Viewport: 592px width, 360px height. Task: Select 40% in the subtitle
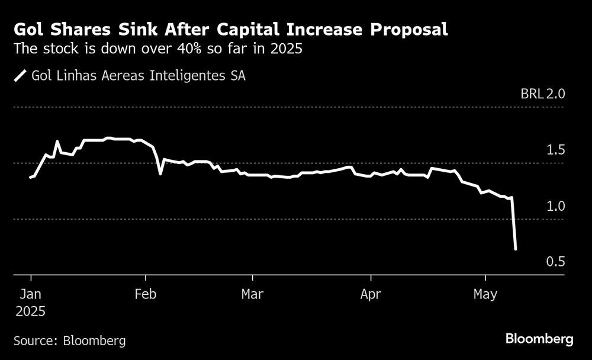click(191, 49)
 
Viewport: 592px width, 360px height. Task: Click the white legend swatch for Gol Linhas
click(21, 76)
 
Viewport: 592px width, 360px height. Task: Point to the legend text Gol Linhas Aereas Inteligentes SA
click(139, 76)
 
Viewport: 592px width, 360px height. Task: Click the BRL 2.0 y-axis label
click(543, 94)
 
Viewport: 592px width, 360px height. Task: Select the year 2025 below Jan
click(31, 310)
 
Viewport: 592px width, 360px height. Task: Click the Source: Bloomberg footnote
click(69, 340)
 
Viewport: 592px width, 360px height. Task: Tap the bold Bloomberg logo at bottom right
click(539, 339)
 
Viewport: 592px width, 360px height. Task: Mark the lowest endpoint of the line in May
click(516, 249)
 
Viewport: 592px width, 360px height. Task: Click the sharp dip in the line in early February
click(160, 173)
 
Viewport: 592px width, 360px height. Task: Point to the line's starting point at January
click(31, 177)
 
